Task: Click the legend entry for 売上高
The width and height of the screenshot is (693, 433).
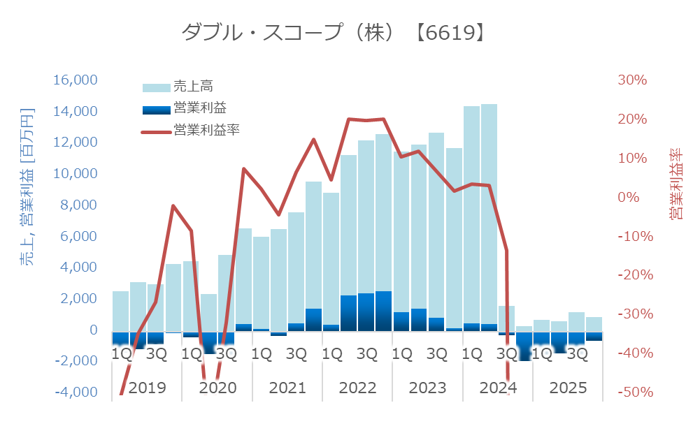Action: (192, 87)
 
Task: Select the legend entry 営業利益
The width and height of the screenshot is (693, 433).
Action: (199, 108)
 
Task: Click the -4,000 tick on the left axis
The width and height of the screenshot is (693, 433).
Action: (76, 392)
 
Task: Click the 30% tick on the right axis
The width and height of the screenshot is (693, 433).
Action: (632, 80)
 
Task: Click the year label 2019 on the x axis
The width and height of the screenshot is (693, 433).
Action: (148, 388)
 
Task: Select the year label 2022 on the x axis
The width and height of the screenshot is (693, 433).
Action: (357, 388)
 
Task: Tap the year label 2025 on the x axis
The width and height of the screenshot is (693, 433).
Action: (568, 388)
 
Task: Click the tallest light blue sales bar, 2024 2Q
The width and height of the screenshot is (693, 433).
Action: (489, 210)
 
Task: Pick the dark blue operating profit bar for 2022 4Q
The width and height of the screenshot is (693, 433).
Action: (383, 311)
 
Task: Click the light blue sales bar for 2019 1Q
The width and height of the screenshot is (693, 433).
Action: (120, 311)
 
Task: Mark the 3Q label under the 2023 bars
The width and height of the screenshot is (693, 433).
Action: (436, 354)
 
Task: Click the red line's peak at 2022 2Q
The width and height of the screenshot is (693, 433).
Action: (349, 119)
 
